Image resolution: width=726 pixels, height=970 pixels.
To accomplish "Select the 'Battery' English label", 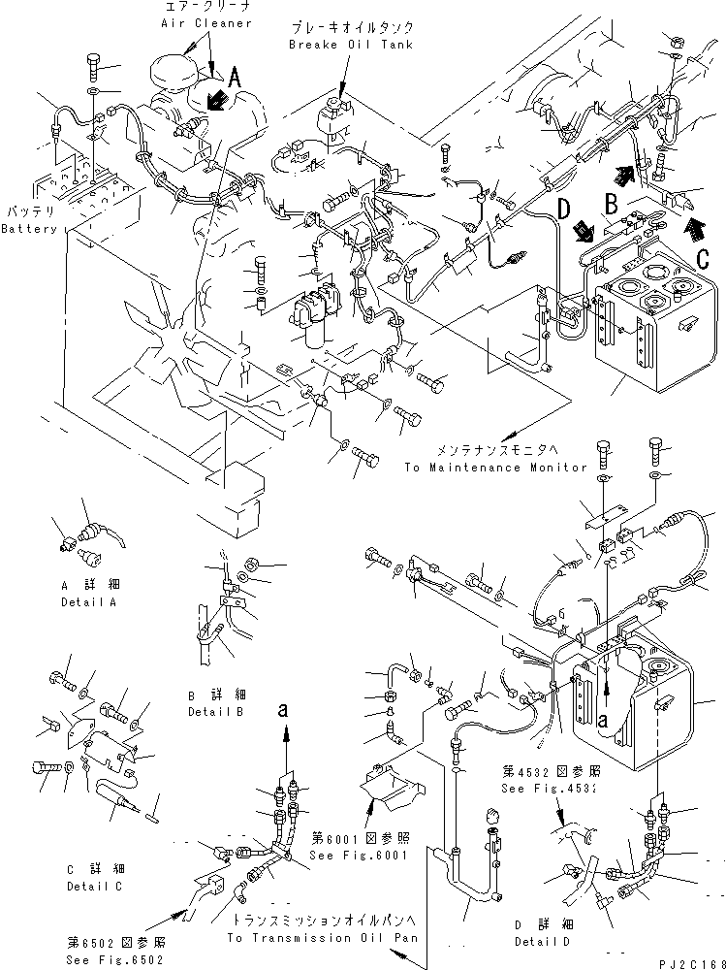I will coord(28,229).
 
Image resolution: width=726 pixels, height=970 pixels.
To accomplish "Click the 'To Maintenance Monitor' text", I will coord(496,467).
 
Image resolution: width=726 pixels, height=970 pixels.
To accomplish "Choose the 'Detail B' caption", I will coord(214,710).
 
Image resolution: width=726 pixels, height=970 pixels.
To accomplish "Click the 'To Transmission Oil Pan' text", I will coord(323,938).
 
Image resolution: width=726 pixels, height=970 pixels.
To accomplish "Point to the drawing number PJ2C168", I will coord(688,962).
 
